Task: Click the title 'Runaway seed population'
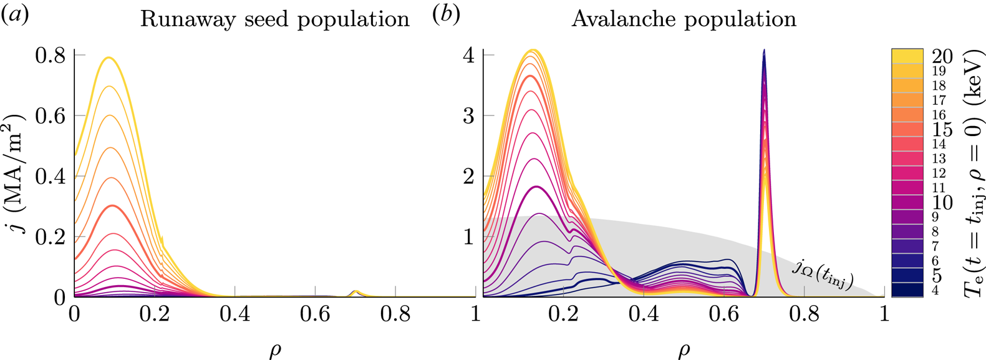click(274, 19)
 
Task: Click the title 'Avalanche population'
click(684, 19)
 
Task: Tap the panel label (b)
click(446, 15)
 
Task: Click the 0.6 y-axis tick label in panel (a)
click(50, 116)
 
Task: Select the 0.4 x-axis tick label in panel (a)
click(234, 313)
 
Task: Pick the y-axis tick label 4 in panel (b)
click(468, 56)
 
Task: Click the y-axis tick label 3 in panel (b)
click(468, 116)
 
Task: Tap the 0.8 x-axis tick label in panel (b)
click(803, 313)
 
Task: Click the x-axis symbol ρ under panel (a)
click(275, 350)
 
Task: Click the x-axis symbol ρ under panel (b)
click(684, 350)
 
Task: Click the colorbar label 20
click(942, 57)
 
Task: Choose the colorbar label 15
click(942, 130)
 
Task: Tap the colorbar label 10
click(942, 202)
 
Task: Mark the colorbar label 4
click(935, 290)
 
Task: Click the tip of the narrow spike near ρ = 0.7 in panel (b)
click(764, 51)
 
